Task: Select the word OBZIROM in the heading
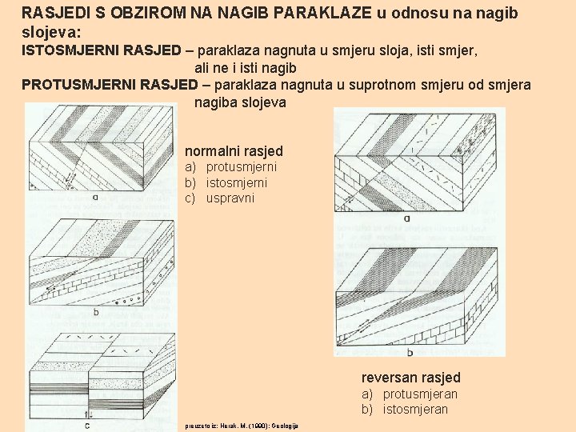(x=122, y=14)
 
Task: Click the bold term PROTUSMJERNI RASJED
(x=110, y=85)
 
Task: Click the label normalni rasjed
(x=234, y=150)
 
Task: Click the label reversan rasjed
(x=410, y=378)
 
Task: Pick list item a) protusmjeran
(x=409, y=394)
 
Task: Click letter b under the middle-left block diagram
(x=95, y=312)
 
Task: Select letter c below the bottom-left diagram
(x=86, y=425)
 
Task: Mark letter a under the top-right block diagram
(x=406, y=218)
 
